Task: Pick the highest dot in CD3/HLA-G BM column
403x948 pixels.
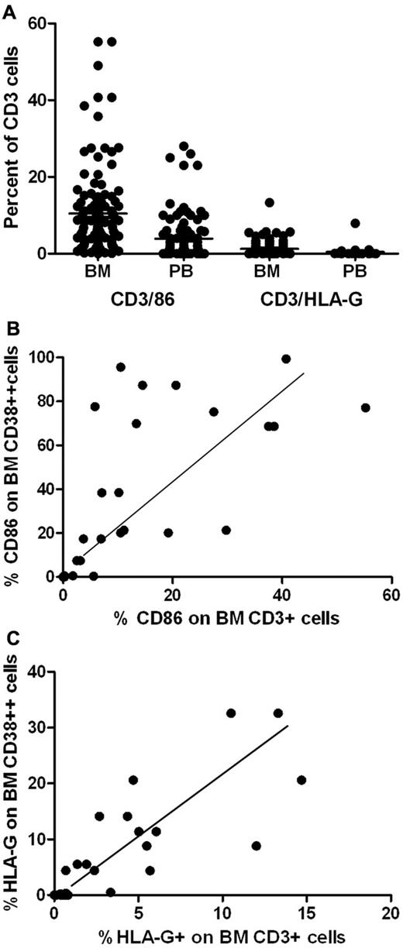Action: pyautogui.click(x=269, y=203)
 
